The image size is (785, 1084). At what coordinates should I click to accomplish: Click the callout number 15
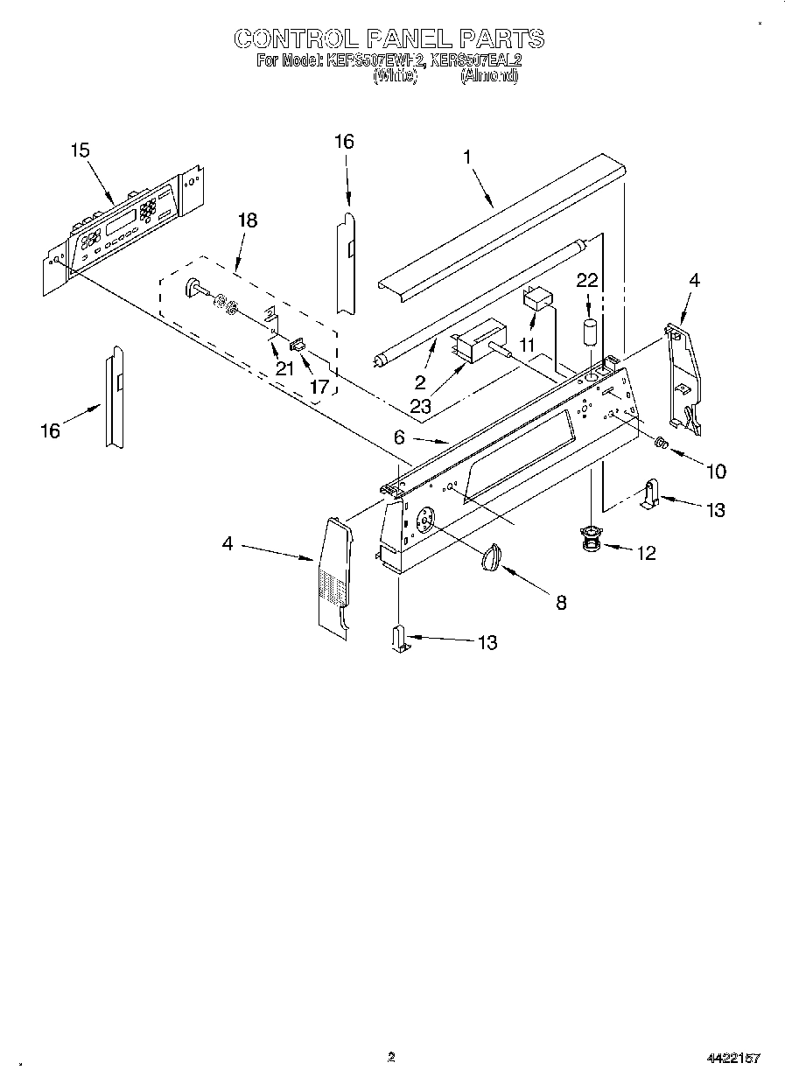(80, 150)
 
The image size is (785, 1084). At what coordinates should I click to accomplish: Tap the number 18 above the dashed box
(248, 220)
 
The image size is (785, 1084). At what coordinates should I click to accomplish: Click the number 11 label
(526, 346)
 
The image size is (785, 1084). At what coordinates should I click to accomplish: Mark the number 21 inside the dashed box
(285, 368)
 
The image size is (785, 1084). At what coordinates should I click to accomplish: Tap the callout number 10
(715, 472)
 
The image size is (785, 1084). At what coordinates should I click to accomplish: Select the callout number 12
(646, 554)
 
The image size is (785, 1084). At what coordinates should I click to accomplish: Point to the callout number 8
(561, 602)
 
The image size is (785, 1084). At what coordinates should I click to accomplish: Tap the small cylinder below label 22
(590, 335)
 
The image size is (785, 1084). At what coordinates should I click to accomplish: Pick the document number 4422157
(733, 1058)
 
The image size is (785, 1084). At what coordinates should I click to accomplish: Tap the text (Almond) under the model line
(489, 76)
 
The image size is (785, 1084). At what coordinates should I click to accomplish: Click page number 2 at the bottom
(391, 1057)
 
